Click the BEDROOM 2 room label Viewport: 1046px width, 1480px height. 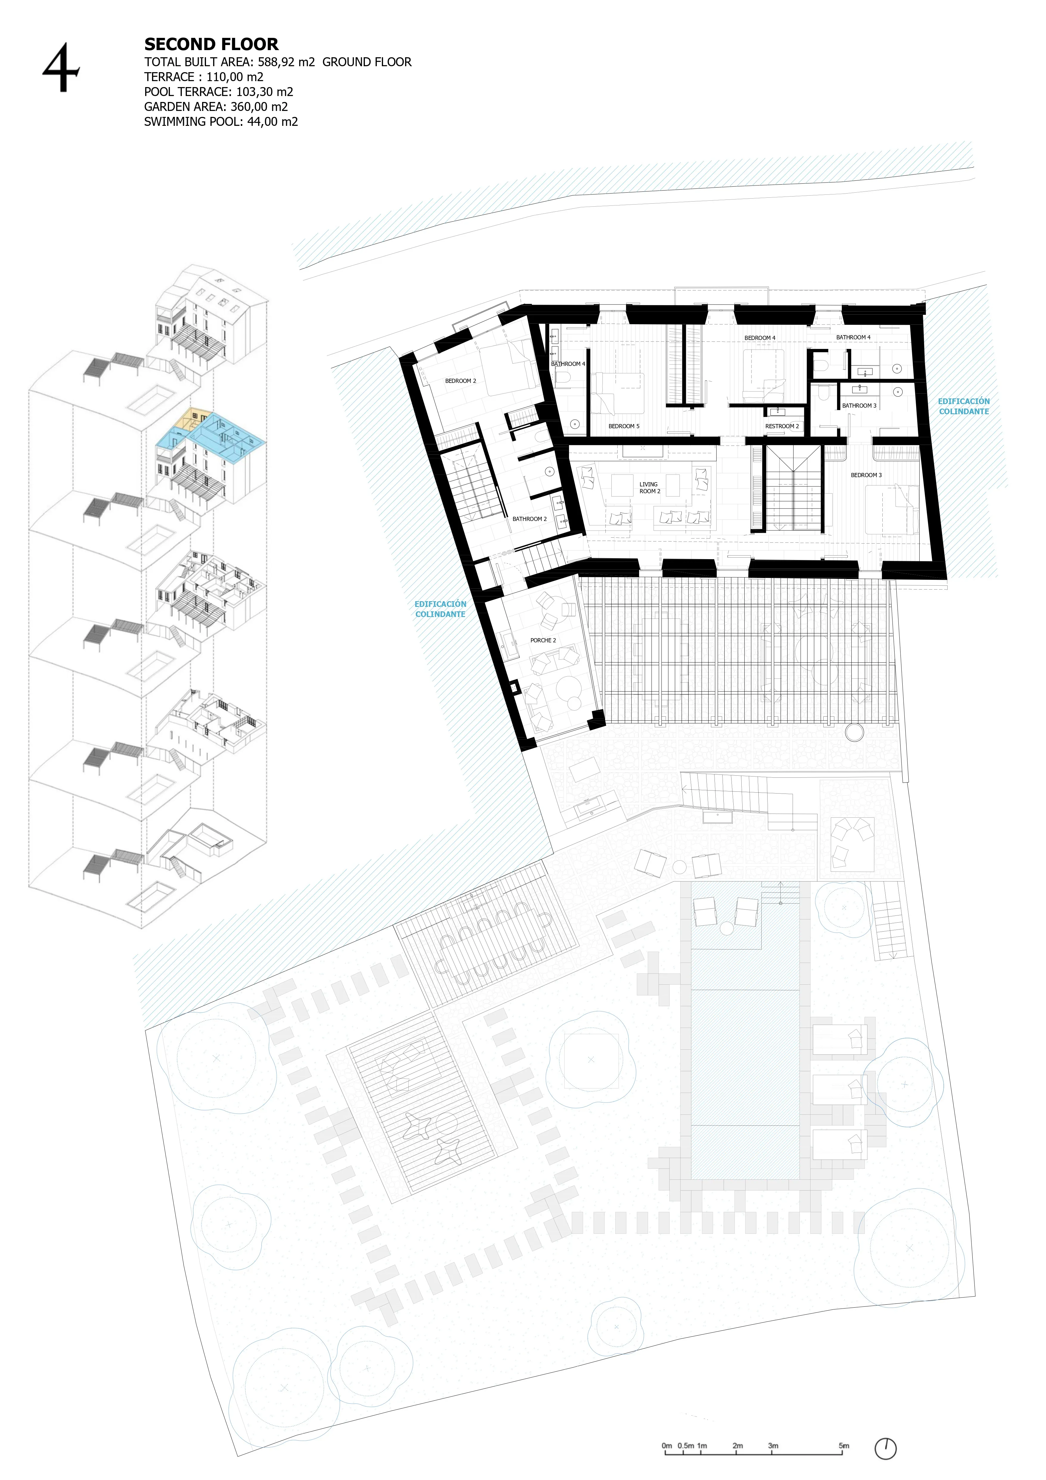point(460,381)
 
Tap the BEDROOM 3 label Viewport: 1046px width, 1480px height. point(866,475)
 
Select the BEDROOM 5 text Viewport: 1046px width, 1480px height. point(623,426)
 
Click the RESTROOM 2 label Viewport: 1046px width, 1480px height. point(782,426)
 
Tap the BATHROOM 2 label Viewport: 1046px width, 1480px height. point(529,519)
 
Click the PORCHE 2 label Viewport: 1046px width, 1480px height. point(543,640)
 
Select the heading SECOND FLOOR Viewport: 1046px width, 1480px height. point(211,44)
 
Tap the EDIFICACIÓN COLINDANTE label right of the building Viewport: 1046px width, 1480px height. point(963,406)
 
